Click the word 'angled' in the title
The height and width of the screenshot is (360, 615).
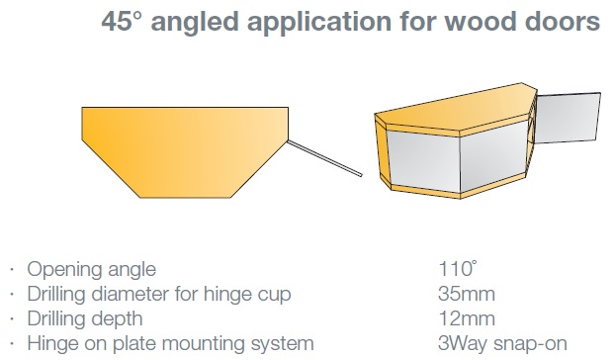(195, 23)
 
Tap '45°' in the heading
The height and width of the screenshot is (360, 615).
(121, 21)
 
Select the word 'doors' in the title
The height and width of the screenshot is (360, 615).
(563, 21)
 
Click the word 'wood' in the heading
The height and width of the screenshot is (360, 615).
(481, 21)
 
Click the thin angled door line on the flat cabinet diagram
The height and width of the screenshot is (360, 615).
(324, 158)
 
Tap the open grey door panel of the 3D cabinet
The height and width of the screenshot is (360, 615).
(568, 118)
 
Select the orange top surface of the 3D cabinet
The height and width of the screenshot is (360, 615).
(455, 108)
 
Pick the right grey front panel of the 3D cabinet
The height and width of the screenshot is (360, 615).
(494, 155)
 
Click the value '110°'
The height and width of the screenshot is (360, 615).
(458, 269)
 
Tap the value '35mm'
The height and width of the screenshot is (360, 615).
(467, 294)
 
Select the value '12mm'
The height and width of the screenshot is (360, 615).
(467, 318)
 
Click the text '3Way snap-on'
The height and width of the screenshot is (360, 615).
(502, 343)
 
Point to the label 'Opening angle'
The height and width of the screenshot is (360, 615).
(91, 270)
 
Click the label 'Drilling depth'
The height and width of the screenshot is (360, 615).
(85, 319)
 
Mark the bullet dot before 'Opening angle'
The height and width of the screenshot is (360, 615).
(12, 270)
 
